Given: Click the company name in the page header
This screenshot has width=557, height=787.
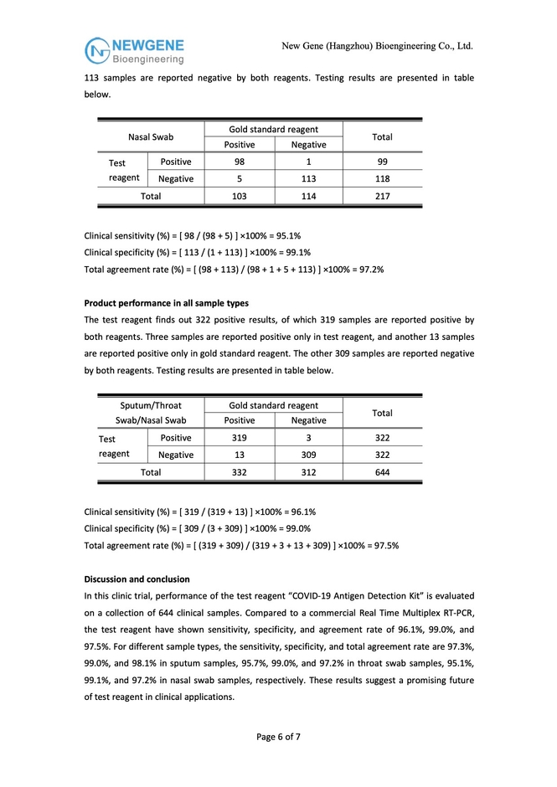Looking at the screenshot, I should [377, 45].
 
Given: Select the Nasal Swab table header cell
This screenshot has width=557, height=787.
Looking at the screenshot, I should [151, 136].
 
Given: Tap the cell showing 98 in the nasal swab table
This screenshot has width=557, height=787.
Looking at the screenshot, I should [240, 162].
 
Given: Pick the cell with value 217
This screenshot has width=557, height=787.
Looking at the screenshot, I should [382, 196].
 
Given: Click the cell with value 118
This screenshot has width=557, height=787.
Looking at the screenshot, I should [382, 178].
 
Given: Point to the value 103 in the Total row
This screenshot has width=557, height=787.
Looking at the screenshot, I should [240, 196].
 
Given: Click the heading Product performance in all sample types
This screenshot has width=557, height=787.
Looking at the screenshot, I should [167, 303].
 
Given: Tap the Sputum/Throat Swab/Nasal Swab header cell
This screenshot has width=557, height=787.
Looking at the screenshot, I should [151, 412].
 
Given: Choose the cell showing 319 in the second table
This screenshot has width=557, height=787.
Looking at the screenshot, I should [240, 437].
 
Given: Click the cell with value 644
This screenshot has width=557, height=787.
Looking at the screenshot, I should [382, 472].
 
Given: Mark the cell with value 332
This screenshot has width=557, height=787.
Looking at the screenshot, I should [240, 472].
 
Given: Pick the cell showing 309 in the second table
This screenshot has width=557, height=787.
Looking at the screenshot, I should [308, 455].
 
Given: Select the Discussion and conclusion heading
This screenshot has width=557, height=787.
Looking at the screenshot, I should [137, 579].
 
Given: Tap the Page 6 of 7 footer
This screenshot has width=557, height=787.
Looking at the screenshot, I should [278, 737].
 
